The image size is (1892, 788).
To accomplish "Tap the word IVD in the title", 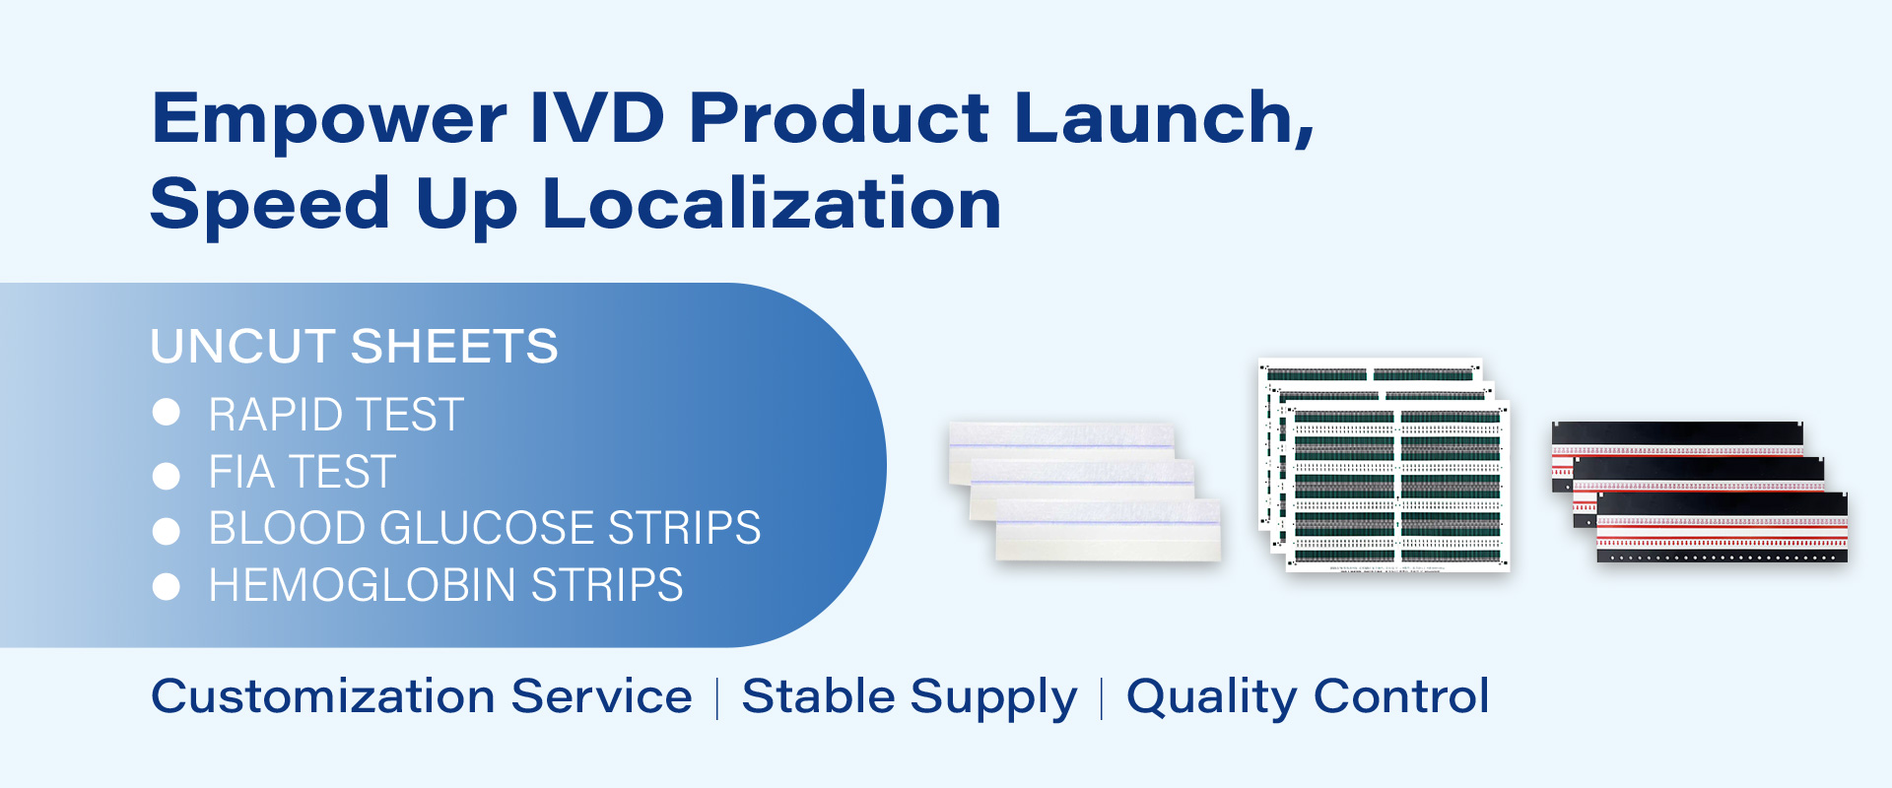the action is [598, 117].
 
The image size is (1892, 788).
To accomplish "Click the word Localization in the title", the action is [772, 203].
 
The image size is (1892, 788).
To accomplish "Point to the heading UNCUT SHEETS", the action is [355, 347].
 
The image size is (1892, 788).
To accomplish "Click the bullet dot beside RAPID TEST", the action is [167, 413].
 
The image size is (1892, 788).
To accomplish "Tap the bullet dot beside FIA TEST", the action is [167, 476].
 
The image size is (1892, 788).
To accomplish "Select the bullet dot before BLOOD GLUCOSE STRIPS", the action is [167, 532].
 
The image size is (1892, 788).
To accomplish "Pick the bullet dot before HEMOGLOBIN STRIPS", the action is [167, 587].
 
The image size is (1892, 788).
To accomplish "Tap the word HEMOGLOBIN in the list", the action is [363, 585].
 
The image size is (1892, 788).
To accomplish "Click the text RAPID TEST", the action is [336, 415].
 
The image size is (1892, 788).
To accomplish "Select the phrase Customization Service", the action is [422, 696].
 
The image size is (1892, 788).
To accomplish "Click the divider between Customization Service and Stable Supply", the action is [717, 698].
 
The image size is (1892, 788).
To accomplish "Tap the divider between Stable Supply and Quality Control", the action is [1102, 698].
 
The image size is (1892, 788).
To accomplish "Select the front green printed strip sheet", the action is [1398, 487].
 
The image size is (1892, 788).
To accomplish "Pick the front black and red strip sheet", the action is [1722, 528].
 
